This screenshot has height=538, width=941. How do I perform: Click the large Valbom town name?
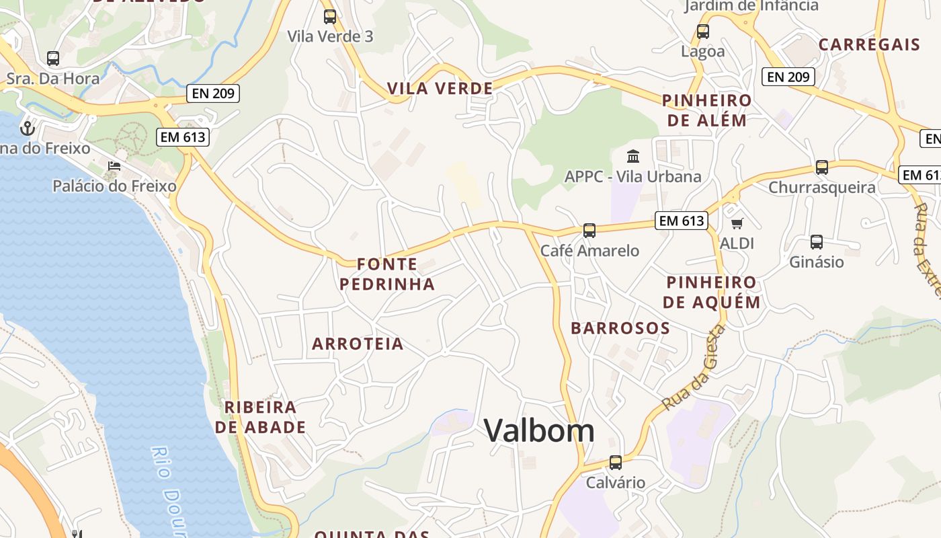(x=539, y=430)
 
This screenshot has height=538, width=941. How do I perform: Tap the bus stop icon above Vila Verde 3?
(x=330, y=17)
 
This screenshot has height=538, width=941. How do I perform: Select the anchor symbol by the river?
(x=28, y=127)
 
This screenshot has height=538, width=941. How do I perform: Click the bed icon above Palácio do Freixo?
(x=114, y=166)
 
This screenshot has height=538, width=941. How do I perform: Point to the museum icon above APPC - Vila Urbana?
(x=633, y=157)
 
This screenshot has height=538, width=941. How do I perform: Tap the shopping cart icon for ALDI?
(x=737, y=223)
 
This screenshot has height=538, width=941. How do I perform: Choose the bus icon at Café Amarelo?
(x=589, y=231)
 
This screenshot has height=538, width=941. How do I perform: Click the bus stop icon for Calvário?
(x=616, y=463)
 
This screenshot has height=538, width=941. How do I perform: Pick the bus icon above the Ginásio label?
(x=817, y=242)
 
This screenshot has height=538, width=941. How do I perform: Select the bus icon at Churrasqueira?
(x=822, y=167)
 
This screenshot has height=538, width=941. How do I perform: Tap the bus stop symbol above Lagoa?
(x=703, y=32)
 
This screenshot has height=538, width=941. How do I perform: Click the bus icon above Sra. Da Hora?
(x=53, y=59)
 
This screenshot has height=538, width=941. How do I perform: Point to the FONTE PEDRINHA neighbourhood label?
(x=387, y=274)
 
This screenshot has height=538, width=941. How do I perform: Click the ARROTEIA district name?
(x=358, y=344)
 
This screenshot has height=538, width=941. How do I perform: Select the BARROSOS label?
(x=620, y=328)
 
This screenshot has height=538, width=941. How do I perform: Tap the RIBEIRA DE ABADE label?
(x=261, y=417)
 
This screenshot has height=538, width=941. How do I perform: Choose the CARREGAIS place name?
(x=869, y=45)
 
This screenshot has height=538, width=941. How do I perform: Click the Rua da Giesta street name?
(x=694, y=367)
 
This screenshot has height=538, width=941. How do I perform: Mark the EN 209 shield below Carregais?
(x=788, y=77)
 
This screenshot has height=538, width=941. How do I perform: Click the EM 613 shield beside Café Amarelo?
(x=682, y=221)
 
